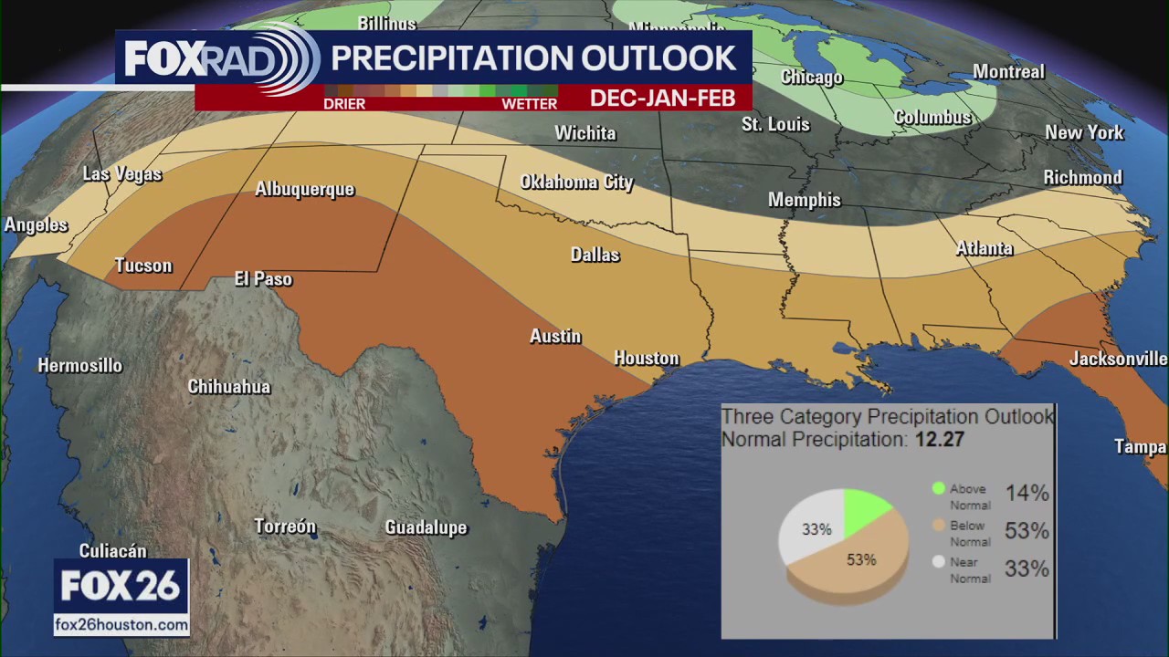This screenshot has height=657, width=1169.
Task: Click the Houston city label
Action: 647,358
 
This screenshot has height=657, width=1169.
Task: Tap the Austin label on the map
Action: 555,337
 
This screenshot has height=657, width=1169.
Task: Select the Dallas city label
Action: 595,255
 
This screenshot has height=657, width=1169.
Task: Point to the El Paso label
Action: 263,279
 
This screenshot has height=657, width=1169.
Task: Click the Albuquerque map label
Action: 304,190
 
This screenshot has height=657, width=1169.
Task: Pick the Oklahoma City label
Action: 576,182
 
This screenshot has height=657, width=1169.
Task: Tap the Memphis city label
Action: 804,200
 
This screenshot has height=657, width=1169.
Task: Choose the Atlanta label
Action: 984,248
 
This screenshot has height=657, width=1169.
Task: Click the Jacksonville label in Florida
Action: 1118,359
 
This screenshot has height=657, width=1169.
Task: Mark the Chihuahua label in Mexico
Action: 229,387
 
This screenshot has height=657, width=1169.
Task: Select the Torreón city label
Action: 285,527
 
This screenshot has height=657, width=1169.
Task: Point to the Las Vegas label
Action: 121,173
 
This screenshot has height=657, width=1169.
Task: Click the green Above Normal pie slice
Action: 862,509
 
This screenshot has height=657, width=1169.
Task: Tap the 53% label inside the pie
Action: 860,559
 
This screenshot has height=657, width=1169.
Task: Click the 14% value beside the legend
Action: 1027,494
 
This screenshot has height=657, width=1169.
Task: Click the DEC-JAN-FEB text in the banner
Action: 662,99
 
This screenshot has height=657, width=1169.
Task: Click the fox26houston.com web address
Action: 121,625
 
